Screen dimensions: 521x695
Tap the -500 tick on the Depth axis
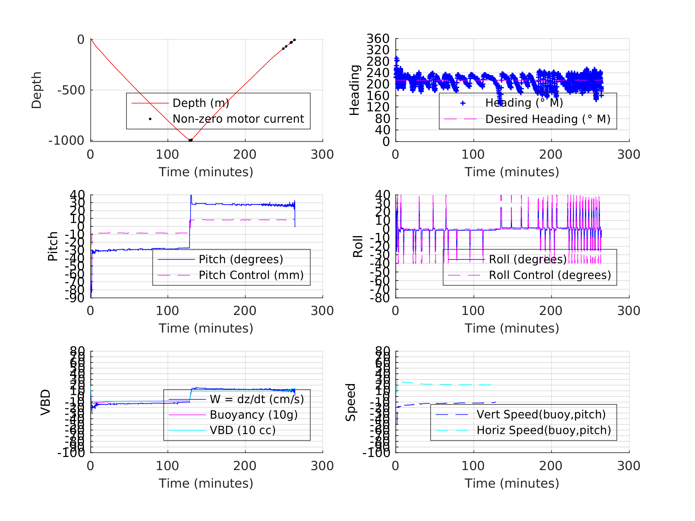[71, 91]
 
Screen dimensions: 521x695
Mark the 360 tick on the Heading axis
[378, 39]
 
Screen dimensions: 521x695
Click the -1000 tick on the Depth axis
[66, 141]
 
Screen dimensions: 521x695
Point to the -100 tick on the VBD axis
[71, 453]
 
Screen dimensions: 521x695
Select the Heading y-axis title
[355, 90]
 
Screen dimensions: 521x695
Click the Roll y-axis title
[358, 247]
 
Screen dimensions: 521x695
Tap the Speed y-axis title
[351, 402]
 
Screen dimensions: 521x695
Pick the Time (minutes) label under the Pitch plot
[206, 328]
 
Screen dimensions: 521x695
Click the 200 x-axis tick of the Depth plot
[245, 155]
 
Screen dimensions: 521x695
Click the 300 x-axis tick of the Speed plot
[629, 466]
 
